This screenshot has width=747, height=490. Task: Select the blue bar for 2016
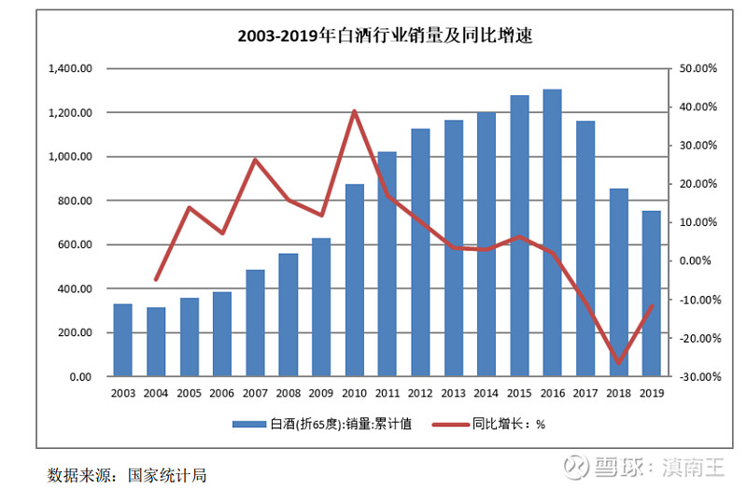(x=553, y=233)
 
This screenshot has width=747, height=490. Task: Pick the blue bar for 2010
(x=355, y=280)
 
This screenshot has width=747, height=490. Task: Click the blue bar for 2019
(x=651, y=293)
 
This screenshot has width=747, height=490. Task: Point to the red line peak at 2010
(x=355, y=111)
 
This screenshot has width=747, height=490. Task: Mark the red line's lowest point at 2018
(x=618, y=363)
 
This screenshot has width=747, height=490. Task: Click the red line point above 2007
(x=255, y=160)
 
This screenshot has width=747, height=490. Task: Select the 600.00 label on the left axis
(x=77, y=245)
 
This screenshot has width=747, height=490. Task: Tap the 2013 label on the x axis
(x=453, y=393)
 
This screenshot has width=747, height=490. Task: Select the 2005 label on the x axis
(x=189, y=393)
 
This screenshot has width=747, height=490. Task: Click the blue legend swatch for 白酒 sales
(x=249, y=424)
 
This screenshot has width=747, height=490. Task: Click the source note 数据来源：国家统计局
(x=127, y=474)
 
